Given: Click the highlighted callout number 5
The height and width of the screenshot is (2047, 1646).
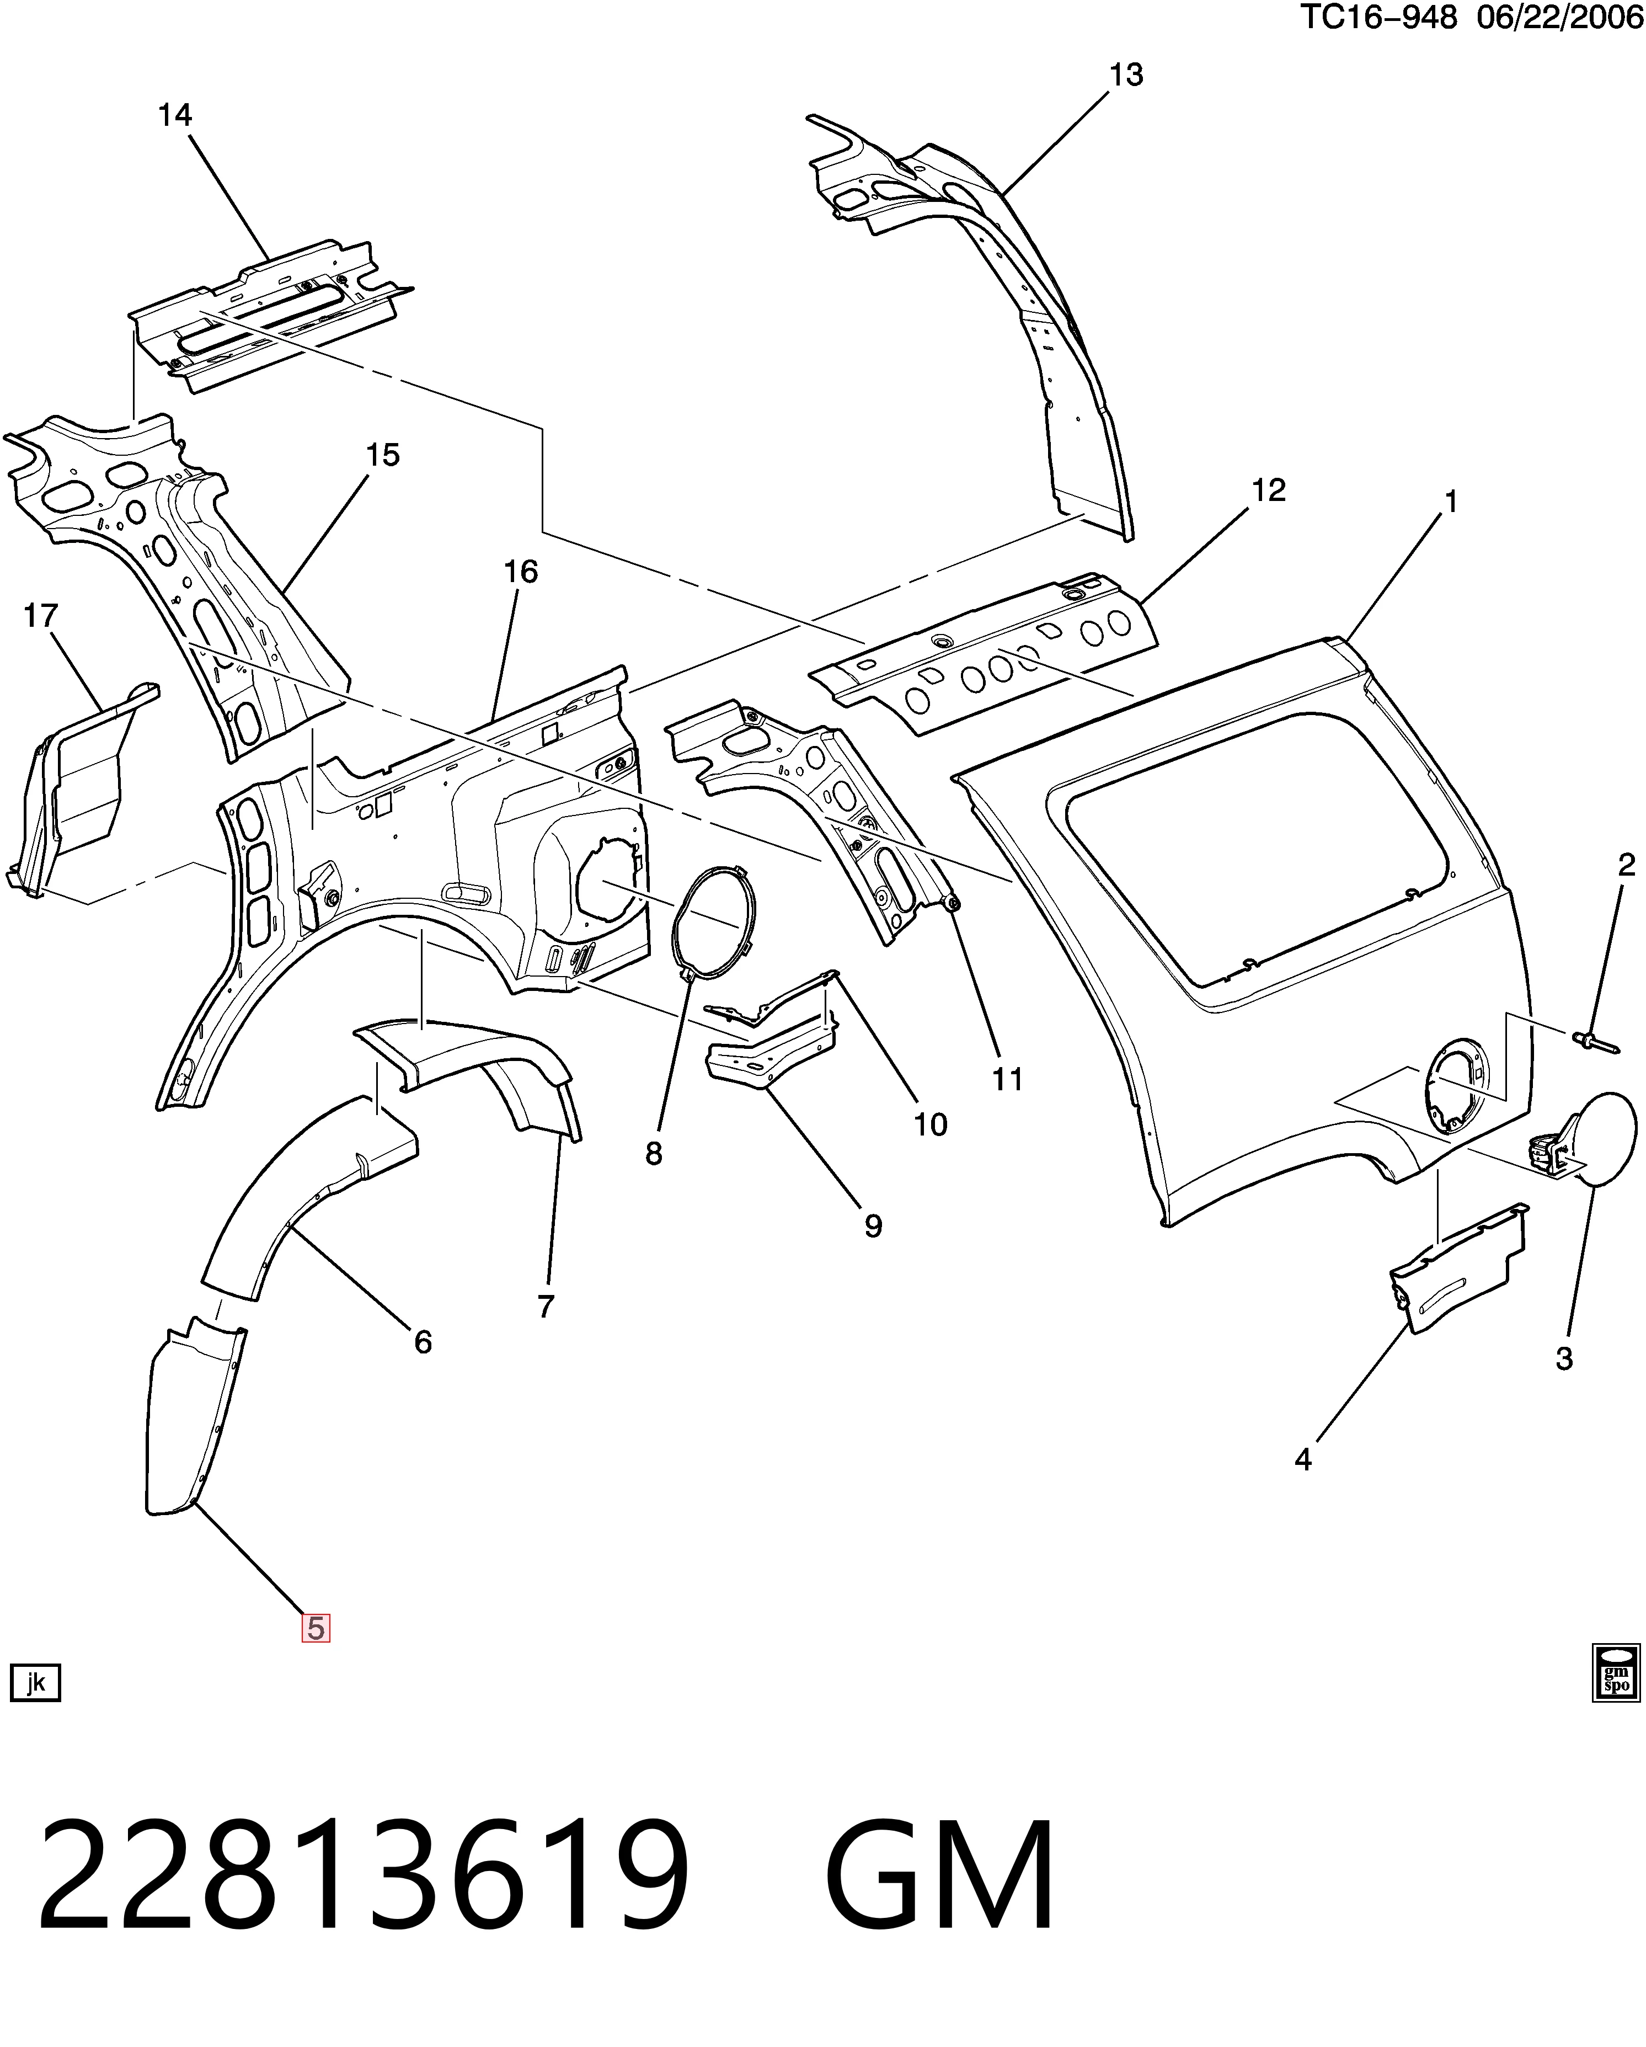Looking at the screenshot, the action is [315, 1627].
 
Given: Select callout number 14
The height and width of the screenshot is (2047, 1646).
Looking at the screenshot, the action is [175, 116].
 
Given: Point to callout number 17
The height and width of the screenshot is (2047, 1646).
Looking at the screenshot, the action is [41, 616].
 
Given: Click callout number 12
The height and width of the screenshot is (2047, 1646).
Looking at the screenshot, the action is [1268, 491].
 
